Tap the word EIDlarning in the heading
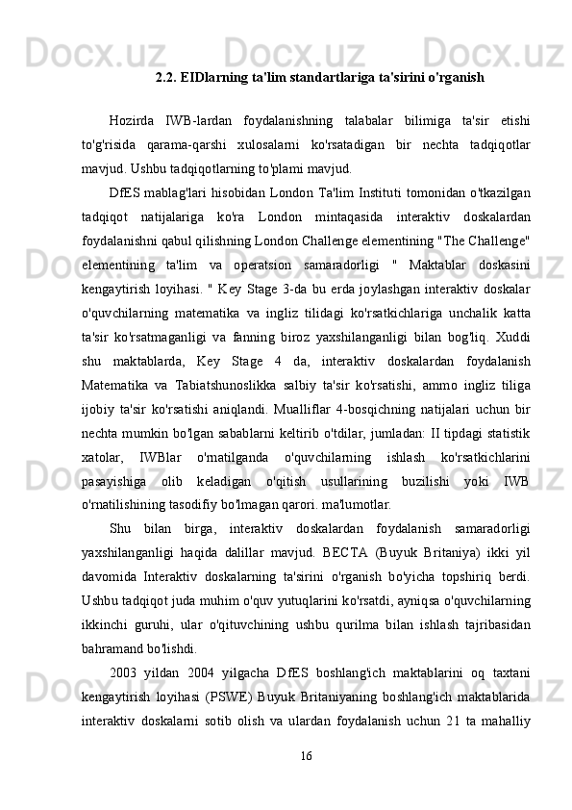(x=216, y=75)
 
